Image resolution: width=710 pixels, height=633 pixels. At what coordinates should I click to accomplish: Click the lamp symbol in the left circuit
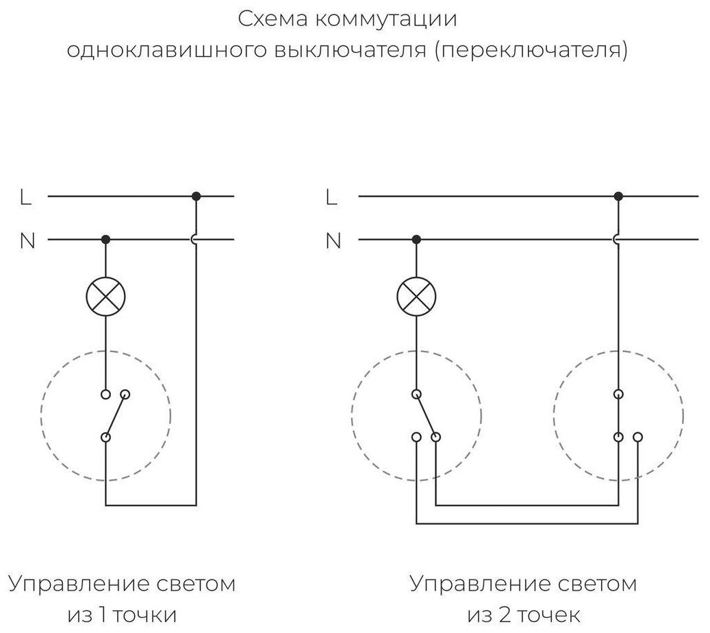pyautogui.click(x=105, y=297)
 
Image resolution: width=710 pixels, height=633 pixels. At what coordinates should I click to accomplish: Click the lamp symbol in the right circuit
pyautogui.click(x=416, y=297)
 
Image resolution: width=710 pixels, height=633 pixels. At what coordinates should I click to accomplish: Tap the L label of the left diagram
pyautogui.click(x=26, y=197)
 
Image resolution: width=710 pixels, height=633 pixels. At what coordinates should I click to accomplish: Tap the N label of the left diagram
pyautogui.click(x=27, y=241)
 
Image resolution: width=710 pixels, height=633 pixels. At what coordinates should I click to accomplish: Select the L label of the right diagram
pyautogui.click(x=332, y=197)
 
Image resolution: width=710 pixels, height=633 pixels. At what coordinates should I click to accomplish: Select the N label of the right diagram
pyautogui.click(x=333, y=241)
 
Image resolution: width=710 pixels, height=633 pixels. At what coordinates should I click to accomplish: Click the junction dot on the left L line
pyautogui.click(x=196, y=196)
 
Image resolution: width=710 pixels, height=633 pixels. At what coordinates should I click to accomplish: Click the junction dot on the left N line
pyautogui.click(x=105, y=239)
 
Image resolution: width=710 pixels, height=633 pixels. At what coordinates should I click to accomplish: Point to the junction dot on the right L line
pyautogui.click(x=618, y=196)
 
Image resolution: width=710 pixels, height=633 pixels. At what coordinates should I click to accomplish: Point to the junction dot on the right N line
pyautogui.click(x=416, y=239)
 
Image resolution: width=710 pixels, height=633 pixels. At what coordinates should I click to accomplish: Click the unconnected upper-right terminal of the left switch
pyautogui.click(x=126, y=395)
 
